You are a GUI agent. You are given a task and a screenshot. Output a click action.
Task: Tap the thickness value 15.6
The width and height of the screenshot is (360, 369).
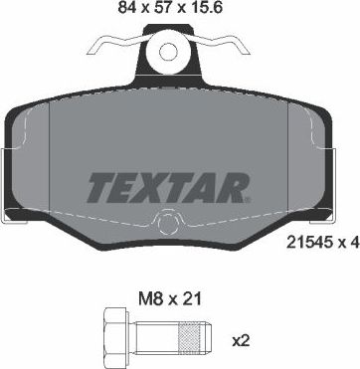[x=223, y=12]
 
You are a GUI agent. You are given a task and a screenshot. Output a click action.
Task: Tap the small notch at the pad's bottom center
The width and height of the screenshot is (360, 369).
[x=173, y=223]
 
